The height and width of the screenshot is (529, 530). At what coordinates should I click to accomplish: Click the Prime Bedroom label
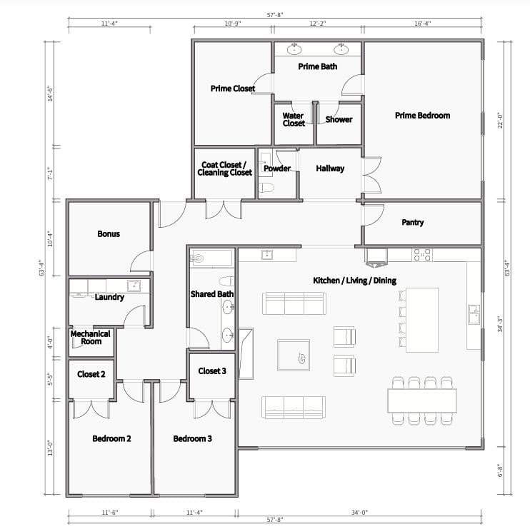[x=422, y=115]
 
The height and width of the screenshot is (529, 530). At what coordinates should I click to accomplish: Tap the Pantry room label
[x=412, y=222]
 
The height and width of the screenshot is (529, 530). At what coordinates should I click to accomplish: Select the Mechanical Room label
[x=90, y=337]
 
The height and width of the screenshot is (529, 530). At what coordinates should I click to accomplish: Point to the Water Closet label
[x=294, y=119]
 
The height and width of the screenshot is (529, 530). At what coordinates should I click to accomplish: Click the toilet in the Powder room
[x=266, y=188]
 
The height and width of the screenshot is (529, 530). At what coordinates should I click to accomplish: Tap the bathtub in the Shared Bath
[x=211, y=258]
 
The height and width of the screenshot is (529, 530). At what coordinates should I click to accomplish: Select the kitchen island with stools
[x=421, y=320]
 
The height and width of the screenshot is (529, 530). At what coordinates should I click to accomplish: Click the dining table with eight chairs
[x=422, y=400]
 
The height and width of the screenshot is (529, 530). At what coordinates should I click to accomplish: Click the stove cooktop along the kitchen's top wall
[x=422, y=254]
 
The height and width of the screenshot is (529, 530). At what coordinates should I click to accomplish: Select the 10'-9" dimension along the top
[x=233, y=24]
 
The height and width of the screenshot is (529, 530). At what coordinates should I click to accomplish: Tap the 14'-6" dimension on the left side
[x=49, y=94]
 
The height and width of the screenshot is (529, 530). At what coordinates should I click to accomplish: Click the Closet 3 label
[x=212, y=371]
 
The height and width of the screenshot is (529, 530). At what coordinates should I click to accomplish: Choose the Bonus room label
[x=109, y=233]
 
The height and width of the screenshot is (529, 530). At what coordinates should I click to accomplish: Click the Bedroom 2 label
[x=111, y=438]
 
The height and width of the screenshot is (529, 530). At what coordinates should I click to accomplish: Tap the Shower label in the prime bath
[x=339, y=119]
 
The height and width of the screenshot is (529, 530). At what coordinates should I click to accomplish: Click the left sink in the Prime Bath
[x=294, y=49]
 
